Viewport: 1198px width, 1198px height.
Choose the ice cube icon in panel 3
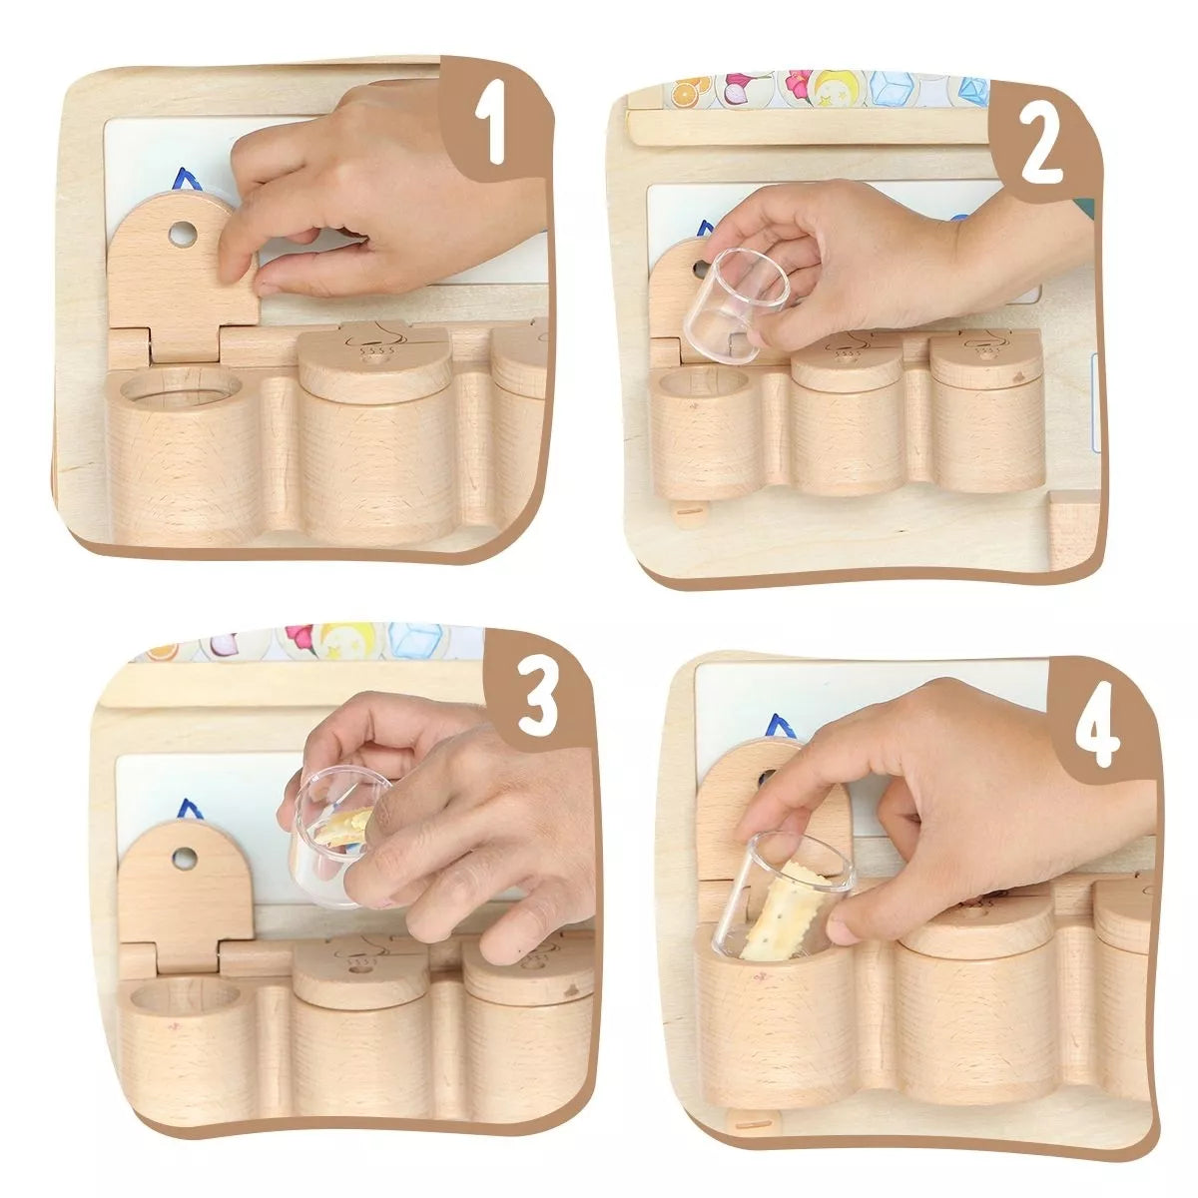414,641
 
